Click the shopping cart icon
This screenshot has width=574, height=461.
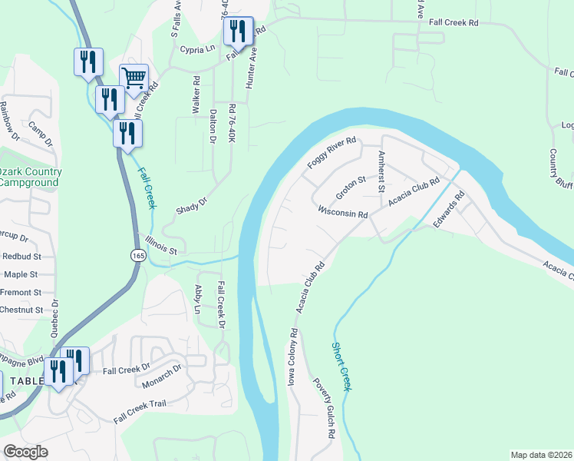(x=134, y=78)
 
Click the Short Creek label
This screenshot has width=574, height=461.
(x=341, y=367)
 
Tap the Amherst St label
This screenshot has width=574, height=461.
(x=381, y=171)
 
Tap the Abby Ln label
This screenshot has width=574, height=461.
(x=198, y=299)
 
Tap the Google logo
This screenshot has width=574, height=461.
(x=25, y=451)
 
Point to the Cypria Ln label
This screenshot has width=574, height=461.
(x=196, y=48)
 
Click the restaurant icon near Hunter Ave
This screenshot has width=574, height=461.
(x=239, y=32)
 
